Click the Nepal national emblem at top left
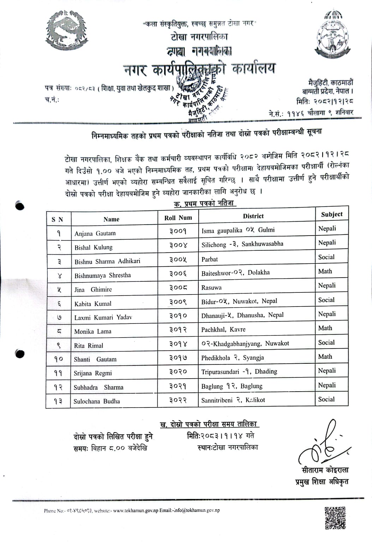coord(66,31)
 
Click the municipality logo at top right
coord(333,35)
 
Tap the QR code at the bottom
coord(335,518)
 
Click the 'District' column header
coord(253,216)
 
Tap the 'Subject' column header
coord(331,214)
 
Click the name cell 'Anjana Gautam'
coord(95,233)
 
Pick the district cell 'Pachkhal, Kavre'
coord(223,329)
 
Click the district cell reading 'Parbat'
coord(210,259)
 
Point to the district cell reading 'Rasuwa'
coord(211,287)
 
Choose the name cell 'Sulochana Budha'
coord(96,401)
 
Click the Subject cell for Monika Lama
coord(325,328)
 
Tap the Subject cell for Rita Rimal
coord(326,343)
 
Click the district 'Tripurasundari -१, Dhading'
coord(239,371)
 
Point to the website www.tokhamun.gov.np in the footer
coord(136,510)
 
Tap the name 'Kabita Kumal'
coord(92,304)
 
